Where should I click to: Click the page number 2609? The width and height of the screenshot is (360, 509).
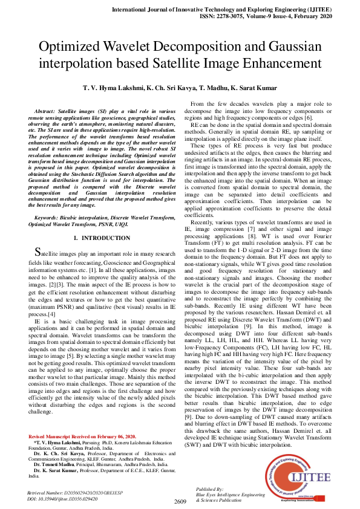click(x=180, y=501)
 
